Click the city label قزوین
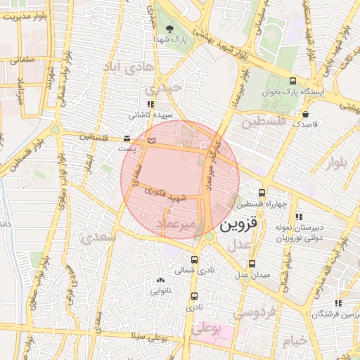tap(240, 226)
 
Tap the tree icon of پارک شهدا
tap(169, 29)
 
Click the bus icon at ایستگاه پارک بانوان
tap(292, 82)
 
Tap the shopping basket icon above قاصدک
tap(304, 114)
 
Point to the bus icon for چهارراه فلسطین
tap(262, 193)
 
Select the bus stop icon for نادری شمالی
tap(194, 259)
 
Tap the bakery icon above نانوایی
tap(160, 280)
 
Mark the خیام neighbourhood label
tap(296, 342)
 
